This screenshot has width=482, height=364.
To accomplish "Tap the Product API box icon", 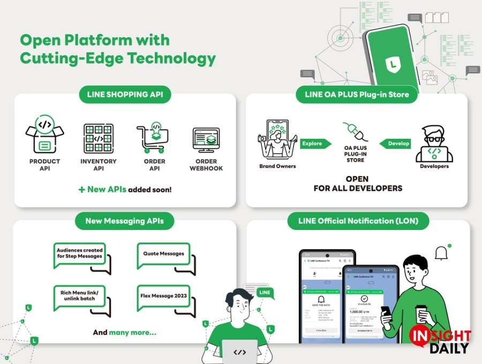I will pyautogui.click(x=45, y=136).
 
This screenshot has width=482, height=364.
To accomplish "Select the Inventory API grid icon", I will pyautogui.click(x=99, y=138).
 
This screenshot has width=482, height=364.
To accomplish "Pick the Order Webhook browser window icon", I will pyautogui.click(x=206, y=139).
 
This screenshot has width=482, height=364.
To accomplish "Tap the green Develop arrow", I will pyautogui.click(x=395, y=144).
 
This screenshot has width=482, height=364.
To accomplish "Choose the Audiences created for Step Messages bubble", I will pyautogui.click(x=81, y=254).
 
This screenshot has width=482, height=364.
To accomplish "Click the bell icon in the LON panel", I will pyautogui.click(x=441, y=252).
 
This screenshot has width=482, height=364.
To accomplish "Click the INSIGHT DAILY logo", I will pyautogui.click(x=440, y=341).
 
